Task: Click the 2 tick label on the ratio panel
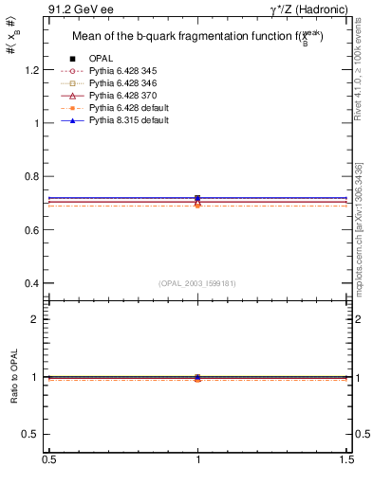(37, 319)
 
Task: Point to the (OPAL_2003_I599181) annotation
(197, 283)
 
